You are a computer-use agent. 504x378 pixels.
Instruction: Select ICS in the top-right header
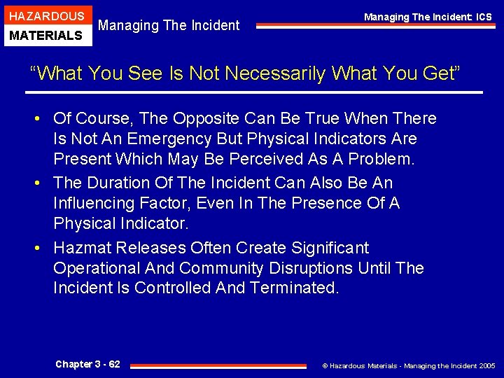click(482, 17)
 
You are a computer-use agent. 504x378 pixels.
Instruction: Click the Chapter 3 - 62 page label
click(87, 364)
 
